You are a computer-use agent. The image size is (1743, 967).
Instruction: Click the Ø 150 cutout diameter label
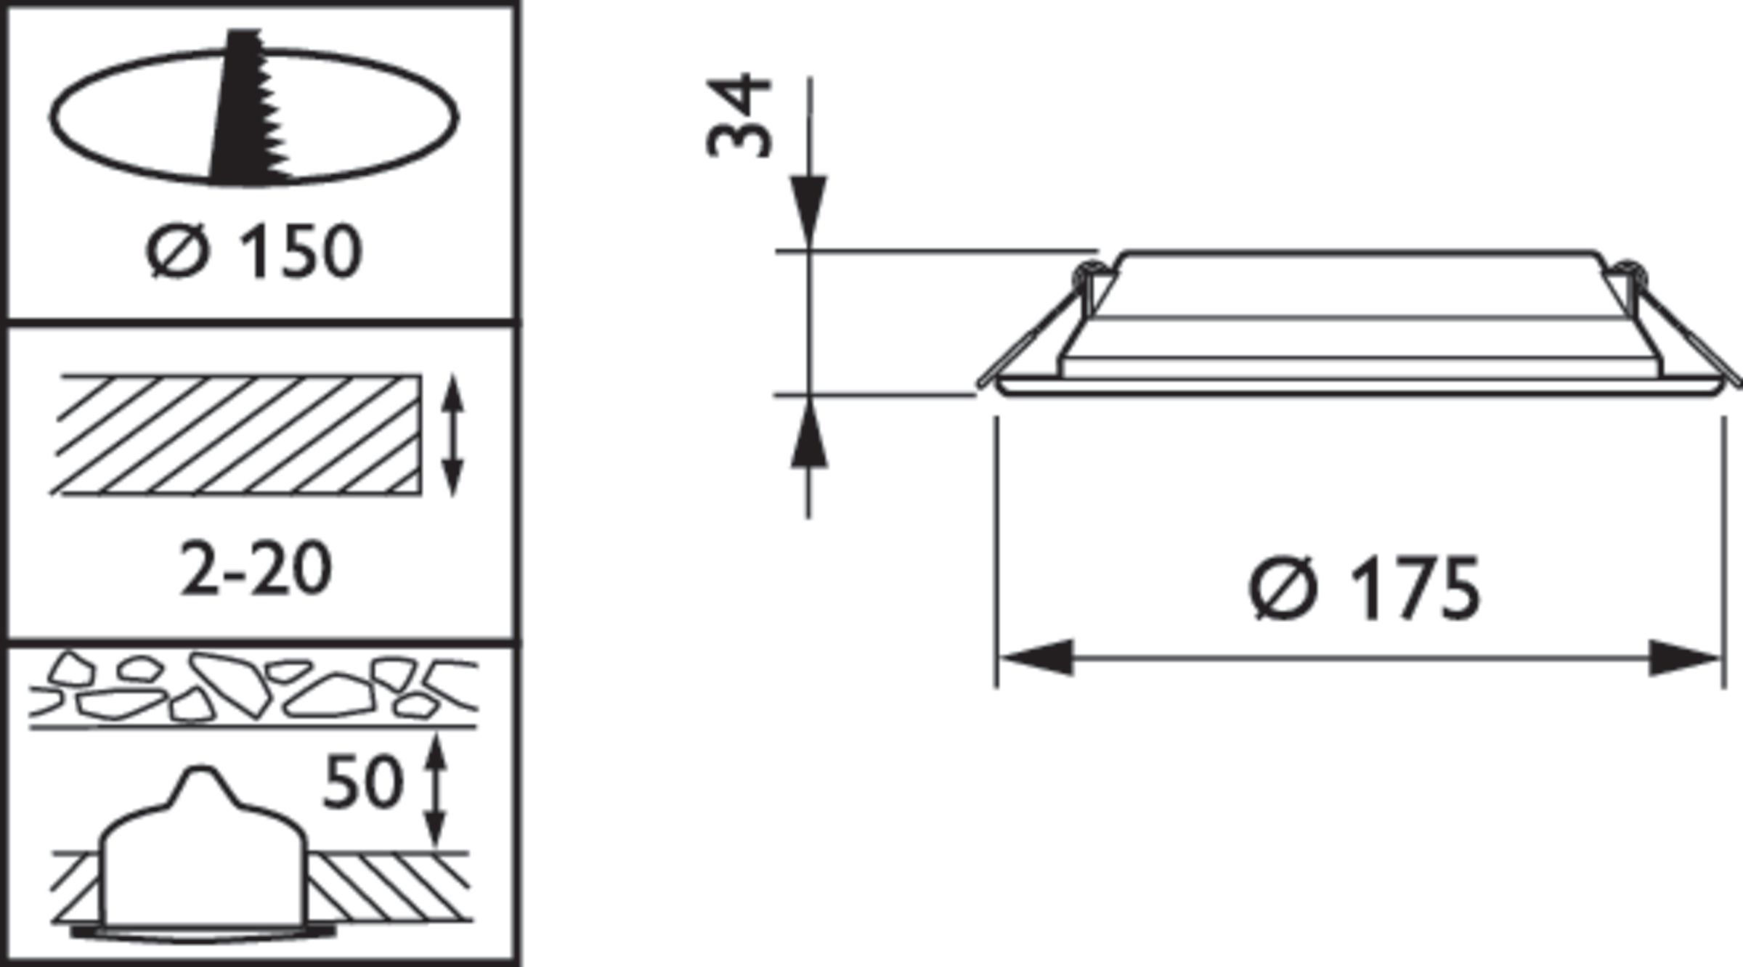pos(254,251)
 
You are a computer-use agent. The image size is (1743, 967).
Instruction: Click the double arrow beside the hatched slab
pos(452,435)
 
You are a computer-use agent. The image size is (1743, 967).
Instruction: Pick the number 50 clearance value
pos(362,782)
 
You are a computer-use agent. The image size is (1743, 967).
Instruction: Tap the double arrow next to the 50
pos(435,791)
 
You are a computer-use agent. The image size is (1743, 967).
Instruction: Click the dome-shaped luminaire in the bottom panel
pos(203,849)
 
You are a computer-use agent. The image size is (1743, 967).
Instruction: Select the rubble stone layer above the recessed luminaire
pos(254,690)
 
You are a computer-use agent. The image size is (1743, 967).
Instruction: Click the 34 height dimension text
pos(738,116)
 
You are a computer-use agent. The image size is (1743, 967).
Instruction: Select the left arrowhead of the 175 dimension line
pos(1035,658)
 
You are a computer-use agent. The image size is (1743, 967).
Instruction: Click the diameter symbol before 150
pos(177,251)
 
